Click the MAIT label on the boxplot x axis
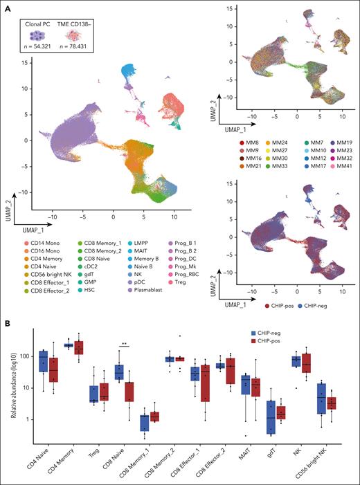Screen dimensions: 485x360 246,453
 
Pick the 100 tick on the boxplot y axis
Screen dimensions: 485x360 24,356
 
